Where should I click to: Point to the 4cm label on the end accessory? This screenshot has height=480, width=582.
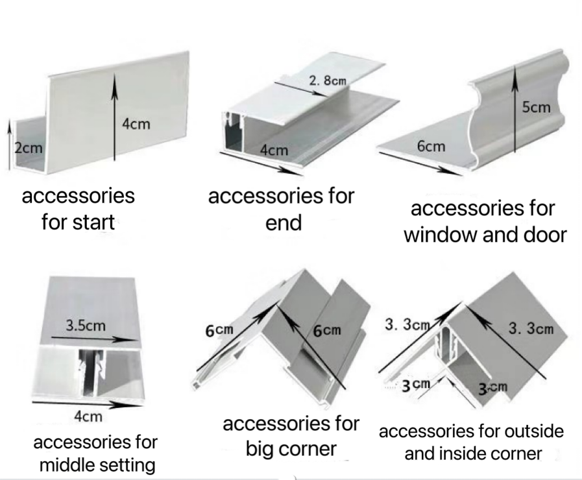[x=273, y=150]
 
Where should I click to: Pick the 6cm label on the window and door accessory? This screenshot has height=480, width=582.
[x=431, y=146]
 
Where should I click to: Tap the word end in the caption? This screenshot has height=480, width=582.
[x=284, y=223]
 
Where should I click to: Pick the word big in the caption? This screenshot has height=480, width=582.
[x=261, y=449]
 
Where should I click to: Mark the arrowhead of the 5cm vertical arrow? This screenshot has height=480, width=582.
[x=516, y=71]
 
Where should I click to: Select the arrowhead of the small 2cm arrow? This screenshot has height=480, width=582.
[x=8, y=123]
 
